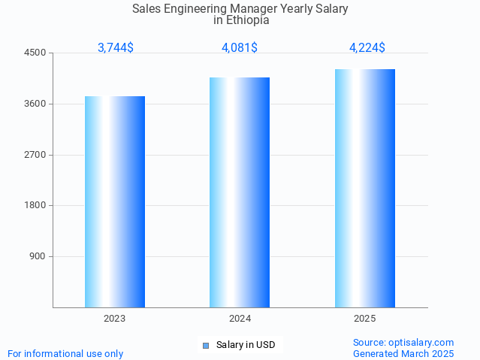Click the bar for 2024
(x=240, y=192)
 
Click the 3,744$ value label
(x=116, y=47)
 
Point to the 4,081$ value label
(x=240, y=47)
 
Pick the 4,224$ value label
(x=367, y=47)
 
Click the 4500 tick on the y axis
(x=35, y=53)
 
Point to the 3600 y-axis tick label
(x=35, y=104)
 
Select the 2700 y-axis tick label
(x=35, y=155)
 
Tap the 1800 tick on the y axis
(x=35, y=205)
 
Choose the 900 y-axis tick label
(x=38, y=256)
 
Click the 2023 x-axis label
(x=115, y=319)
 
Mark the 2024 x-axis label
(x=240, y=319)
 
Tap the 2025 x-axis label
(x=365, y=319)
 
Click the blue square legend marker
(x=205, y=346)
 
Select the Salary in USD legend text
(x=246, y=346)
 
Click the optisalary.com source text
(x=421, y=342)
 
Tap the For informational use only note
(x=65, y=353)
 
